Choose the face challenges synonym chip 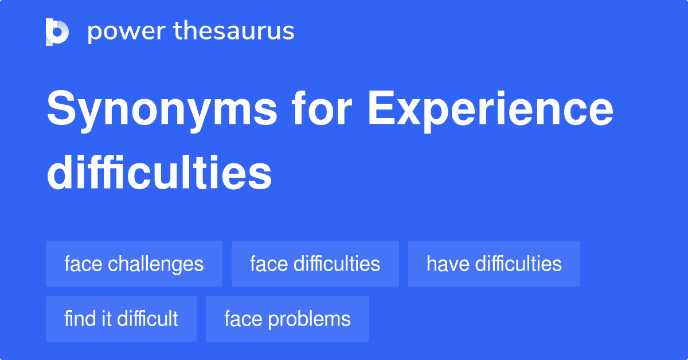(134, 264)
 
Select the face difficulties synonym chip (315, 264)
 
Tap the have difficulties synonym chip (494, 264)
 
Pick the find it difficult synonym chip (121, 319)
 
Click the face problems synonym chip (287, 319)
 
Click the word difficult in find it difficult (147, 319)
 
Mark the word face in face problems (242, 319)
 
